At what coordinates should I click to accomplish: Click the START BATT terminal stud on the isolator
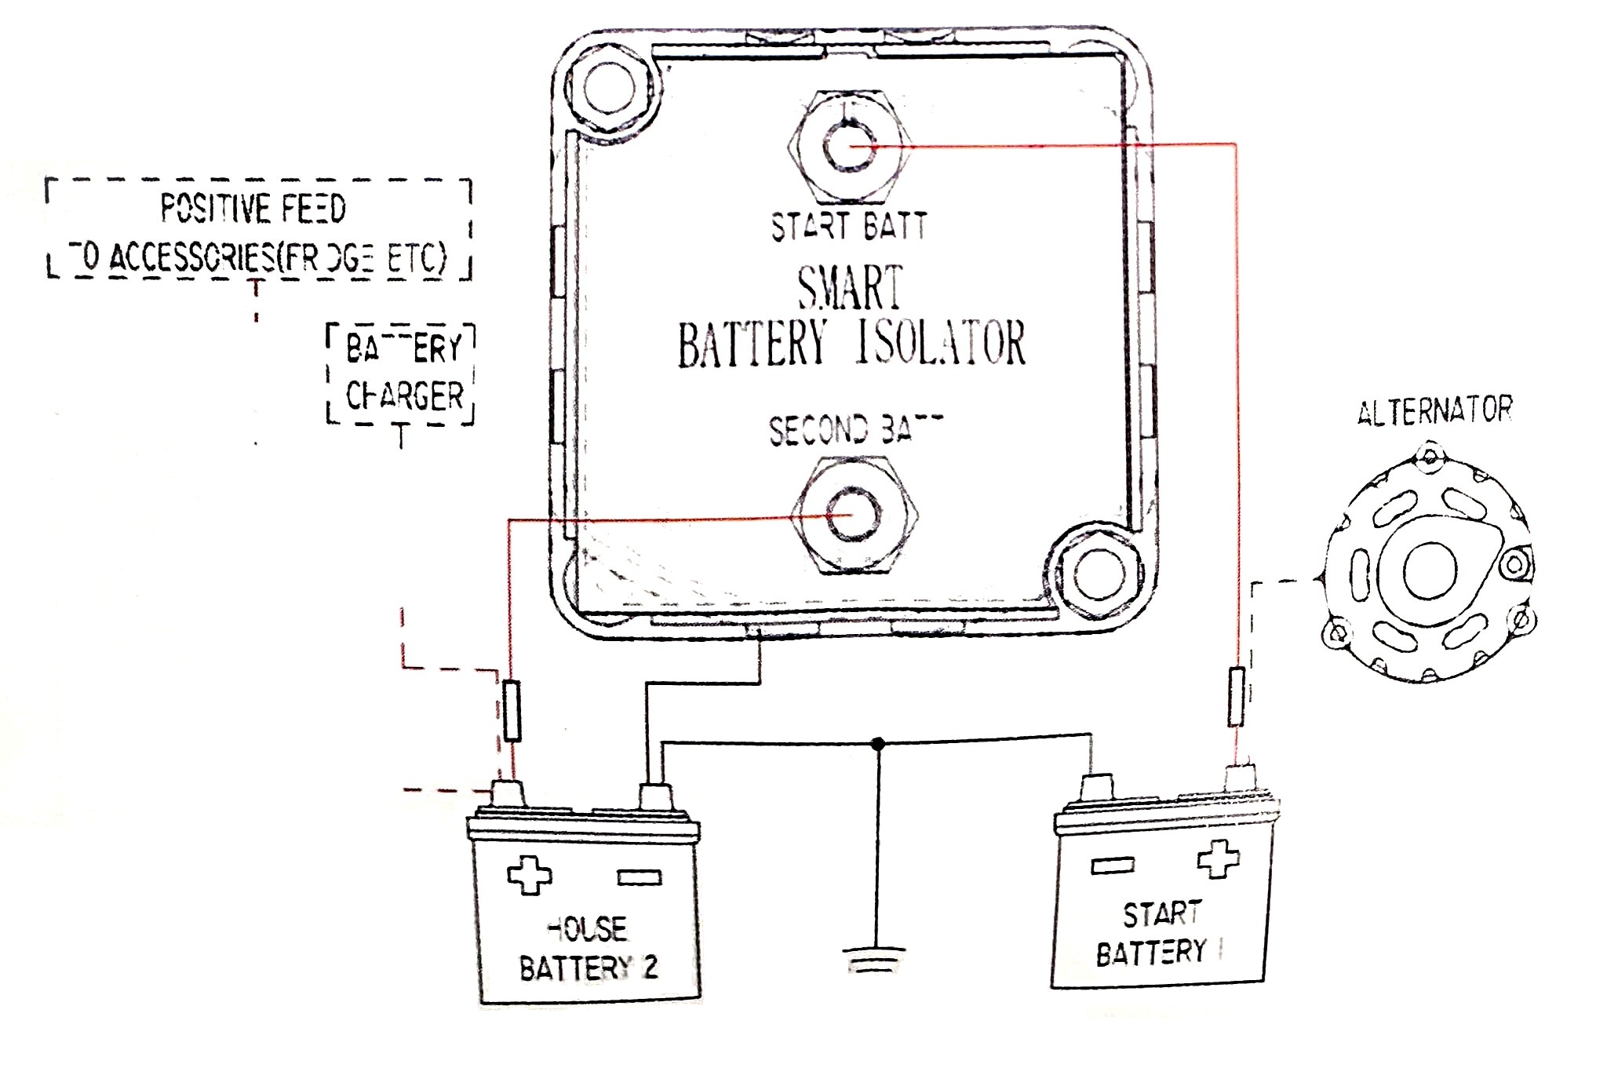point(848,147)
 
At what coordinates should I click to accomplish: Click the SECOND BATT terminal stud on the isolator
point(852,515)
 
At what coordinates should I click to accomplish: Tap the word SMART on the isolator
point(850,288)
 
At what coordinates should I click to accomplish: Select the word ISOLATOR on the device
point(941,343)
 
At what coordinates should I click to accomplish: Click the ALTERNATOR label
point(1434,411)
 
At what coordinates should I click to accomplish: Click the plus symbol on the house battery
point(529,875)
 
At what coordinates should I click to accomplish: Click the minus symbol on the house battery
point(640,877)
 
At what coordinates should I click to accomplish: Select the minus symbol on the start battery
point(1113,866)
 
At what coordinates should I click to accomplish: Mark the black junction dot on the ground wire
point(878,742)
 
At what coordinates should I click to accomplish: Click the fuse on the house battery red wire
point(512,711)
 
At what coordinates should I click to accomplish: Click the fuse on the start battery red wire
point(1236,696)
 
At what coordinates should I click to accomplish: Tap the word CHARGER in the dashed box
point(405,396)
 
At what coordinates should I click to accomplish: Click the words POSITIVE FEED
point(253,209)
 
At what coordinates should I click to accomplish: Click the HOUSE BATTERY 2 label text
point(589,949)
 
